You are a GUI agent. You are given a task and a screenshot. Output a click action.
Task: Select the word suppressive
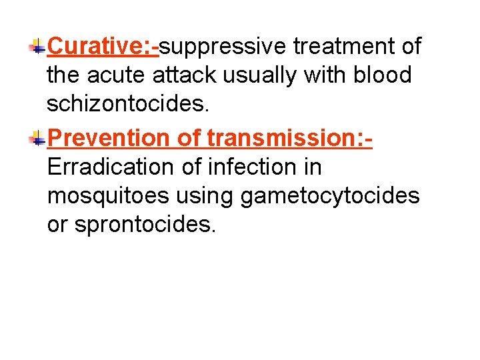coord(223,46)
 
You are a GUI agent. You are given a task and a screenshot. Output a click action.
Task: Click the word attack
coord(187,75)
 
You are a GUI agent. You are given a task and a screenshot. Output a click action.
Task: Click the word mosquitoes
coord(107,195)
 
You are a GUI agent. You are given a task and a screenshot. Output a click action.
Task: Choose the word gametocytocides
coord(330,195)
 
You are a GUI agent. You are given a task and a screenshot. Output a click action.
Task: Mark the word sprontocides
coord(145,225)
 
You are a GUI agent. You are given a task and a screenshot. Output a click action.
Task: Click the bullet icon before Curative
coord(37,46)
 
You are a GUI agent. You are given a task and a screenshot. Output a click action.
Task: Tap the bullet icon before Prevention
coord(37,137)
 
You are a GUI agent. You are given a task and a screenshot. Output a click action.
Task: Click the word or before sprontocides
coord(57,225)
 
